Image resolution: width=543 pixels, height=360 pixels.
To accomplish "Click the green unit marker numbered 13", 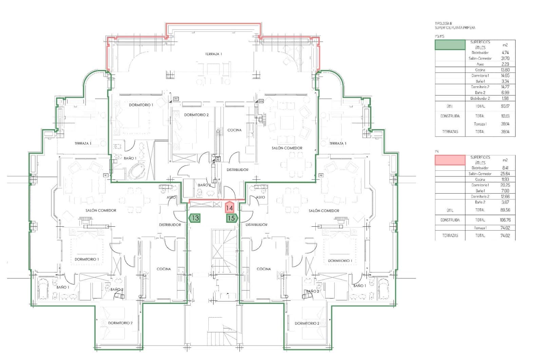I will point(195,218).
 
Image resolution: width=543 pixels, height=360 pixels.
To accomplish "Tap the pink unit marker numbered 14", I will point(229,208).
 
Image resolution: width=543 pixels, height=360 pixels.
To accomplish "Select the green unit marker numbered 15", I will point(231,218).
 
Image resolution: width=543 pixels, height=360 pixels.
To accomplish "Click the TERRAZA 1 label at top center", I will point(213,54).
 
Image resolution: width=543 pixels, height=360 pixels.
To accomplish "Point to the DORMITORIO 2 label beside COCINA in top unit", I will point(196,115).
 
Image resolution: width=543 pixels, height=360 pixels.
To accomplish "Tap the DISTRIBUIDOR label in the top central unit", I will point(237,170).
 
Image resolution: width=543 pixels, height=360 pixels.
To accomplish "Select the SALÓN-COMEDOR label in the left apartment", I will point(101,210).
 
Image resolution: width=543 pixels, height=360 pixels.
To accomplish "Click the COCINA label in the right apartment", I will point(264,269).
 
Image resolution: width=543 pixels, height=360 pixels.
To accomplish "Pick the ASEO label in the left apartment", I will point(171,197).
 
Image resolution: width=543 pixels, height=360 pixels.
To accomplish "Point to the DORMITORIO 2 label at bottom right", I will point(307,323).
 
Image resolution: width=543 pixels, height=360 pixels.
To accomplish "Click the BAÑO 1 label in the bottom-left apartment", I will point(63,287).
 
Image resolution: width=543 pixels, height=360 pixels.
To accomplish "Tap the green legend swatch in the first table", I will point(450,45).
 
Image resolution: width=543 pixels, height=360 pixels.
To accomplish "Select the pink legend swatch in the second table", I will point(450,160).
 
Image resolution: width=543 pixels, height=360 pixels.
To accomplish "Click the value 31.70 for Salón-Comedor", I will point(505,58).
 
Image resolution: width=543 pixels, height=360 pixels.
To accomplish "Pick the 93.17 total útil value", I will point(505,106).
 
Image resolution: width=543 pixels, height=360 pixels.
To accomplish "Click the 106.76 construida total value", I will point(505,220).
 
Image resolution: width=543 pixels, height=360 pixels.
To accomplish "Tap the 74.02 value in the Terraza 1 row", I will point(505,228).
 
